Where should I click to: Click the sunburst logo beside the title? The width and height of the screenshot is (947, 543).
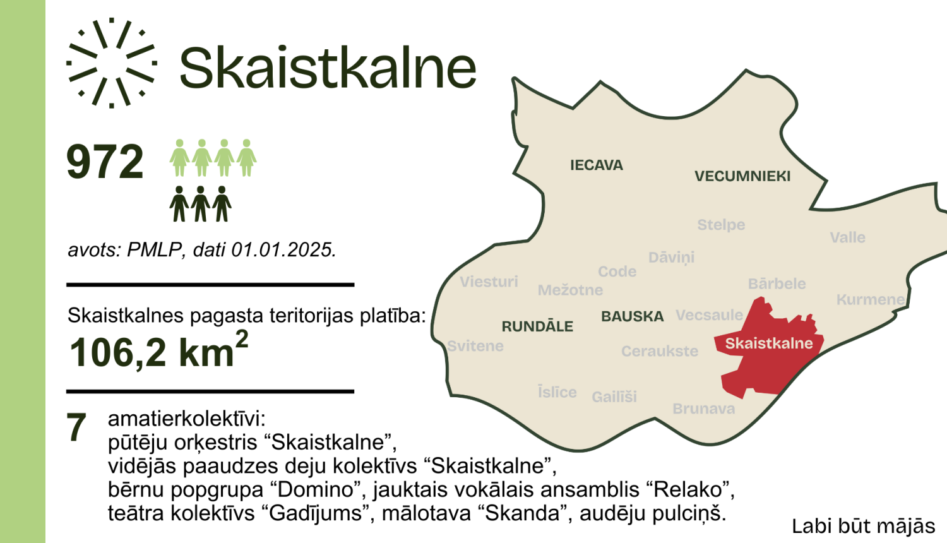[x=111, y=63]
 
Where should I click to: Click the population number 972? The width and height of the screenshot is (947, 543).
[x=105, y=162]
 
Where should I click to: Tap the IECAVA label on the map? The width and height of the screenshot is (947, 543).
[x=596, y=165]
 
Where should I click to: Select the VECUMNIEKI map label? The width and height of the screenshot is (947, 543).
[x=742, y=176]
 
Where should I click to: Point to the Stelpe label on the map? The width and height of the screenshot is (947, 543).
[x=721, y=225]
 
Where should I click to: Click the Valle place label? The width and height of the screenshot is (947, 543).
[x=847, y=237]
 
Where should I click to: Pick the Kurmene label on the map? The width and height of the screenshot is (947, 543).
[x=870, y=299]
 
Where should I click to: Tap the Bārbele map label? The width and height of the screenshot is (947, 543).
[x=777, y=284]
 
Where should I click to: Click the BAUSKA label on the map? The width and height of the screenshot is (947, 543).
[x=632, y=316]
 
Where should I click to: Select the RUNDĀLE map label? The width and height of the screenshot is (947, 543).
[x=537, y=326]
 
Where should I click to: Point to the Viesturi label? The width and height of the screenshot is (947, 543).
[x=489, y=282]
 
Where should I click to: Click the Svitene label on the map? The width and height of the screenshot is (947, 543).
[x=475, y=346]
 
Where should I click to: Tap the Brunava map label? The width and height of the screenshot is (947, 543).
[x=703, y=409]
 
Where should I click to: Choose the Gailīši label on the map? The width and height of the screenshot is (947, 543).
[x=614, y=397]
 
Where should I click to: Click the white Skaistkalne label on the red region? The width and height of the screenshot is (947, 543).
[x=768, y=343]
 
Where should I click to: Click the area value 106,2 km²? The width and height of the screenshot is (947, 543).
[x=158, y=351]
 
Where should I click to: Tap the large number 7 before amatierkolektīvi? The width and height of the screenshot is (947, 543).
[x=76, y=427]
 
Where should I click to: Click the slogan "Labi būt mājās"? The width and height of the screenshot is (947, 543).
[x=863, y=526]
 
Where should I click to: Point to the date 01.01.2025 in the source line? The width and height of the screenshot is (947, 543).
[x=283, y=250]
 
